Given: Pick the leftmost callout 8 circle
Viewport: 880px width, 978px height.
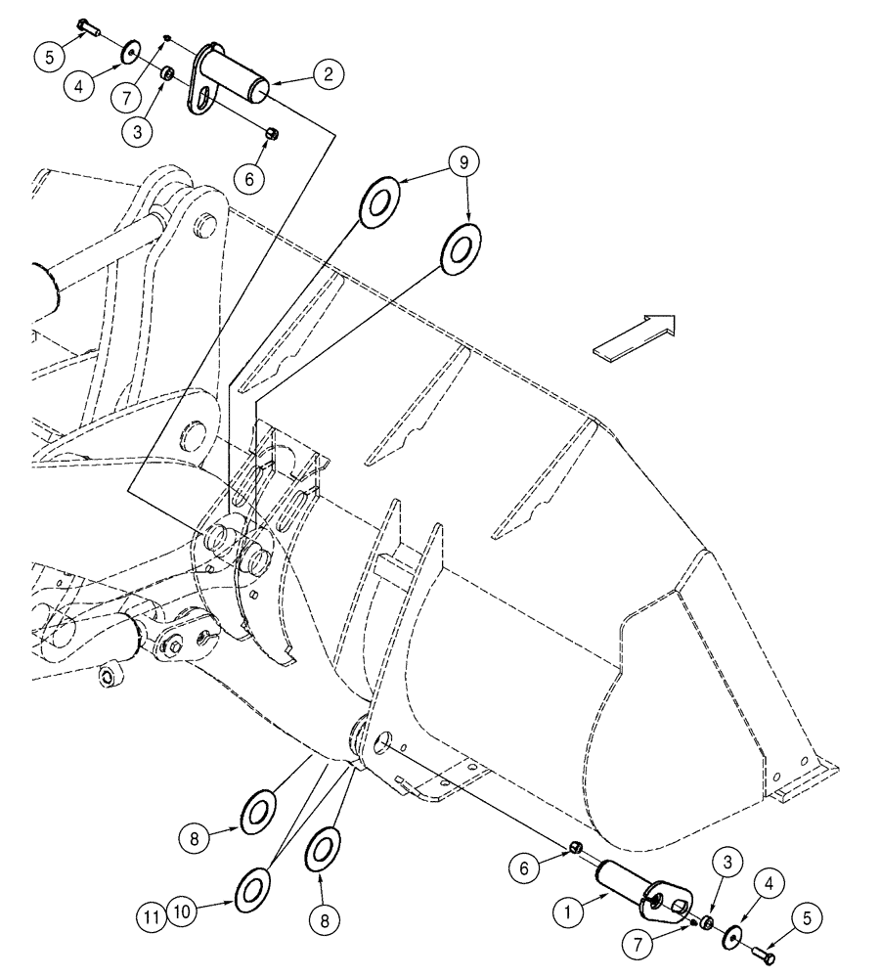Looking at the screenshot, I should click(193, 836).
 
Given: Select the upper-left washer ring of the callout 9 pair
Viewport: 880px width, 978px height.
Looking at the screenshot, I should click(380, 200).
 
